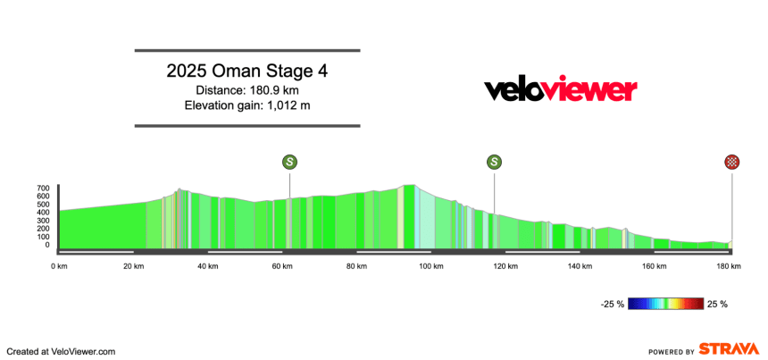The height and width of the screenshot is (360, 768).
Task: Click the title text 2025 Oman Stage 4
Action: pyautogui.click(x=247, y=71)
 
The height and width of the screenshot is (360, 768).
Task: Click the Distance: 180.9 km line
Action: pyautogui.click(x=247, y=90)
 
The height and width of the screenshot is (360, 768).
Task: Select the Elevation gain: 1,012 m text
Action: pyautogui.click(x=247, y=106)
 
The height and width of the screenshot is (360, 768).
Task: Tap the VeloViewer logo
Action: pyautogui.click(x=560, y=90)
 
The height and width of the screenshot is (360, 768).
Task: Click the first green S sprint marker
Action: pyautogui.click(x=289, y=162)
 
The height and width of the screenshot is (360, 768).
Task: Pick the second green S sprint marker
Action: pyautogui.click(x=494, y=162)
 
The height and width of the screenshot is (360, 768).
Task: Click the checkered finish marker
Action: pyautogui.click(x=732, y=162)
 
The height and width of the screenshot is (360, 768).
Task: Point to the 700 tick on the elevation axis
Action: pyautogui.click(x=43, y=188)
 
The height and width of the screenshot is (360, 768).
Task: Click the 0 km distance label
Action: pyautogui.click(x=60, y=266)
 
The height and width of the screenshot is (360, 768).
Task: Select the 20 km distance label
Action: pyautogui.click(x=134, y=266)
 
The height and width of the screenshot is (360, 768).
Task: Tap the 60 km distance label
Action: pyautogui.click(x=282, y=266)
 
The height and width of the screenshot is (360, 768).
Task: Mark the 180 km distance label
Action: pyautogui.click(x=728, y=266)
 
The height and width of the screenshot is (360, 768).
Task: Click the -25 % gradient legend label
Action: pyautogui.click(x=612, y=305)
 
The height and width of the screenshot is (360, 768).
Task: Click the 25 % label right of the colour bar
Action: pyautogui.click(x=718, y=305)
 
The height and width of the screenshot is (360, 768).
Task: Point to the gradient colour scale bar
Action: pyautogui.click(x=665, y=305)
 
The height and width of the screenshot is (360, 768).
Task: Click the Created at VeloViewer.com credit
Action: pyautogui.click(x=62, y=351)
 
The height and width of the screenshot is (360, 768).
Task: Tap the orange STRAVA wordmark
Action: pyautogui.click(x=730, y=350)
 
